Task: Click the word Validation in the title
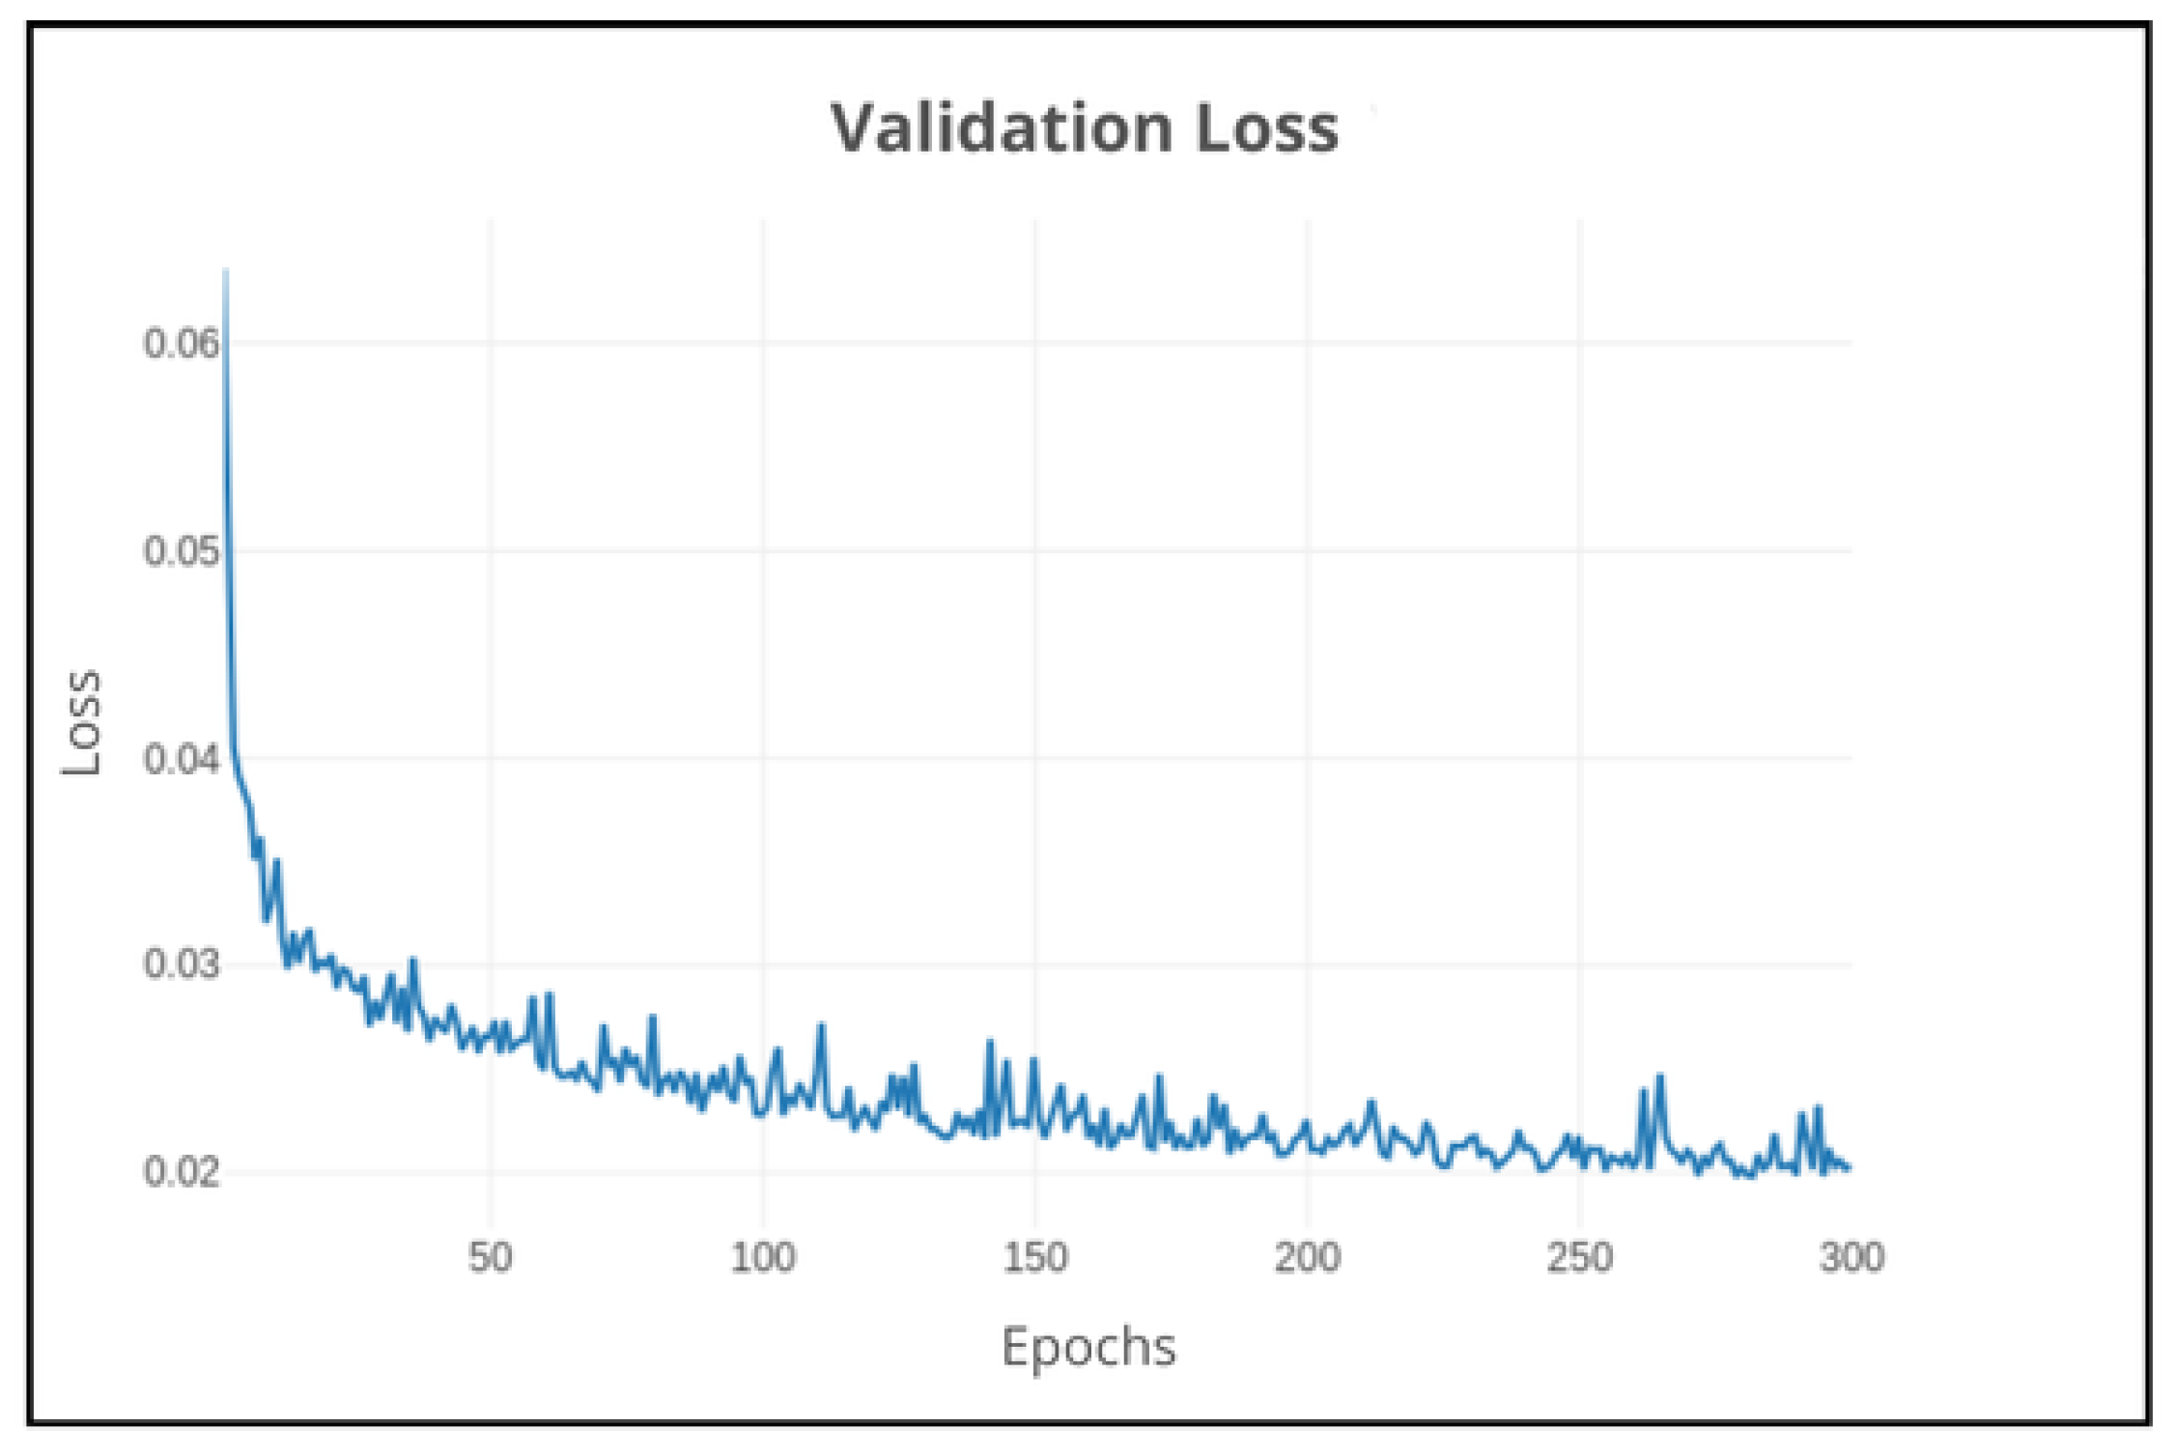1001,127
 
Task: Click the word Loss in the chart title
1266,127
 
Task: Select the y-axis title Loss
81,722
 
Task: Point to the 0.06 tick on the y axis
182,343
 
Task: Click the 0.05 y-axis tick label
182,551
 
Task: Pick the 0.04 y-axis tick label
182,759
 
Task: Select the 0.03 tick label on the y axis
182,965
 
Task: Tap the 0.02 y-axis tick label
182,1171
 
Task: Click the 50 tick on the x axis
491,1257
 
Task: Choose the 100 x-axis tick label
763,1257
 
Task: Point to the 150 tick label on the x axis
1035,1257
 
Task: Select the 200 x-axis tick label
1308,1257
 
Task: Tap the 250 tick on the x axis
1580,1257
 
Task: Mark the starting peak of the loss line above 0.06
225,272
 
